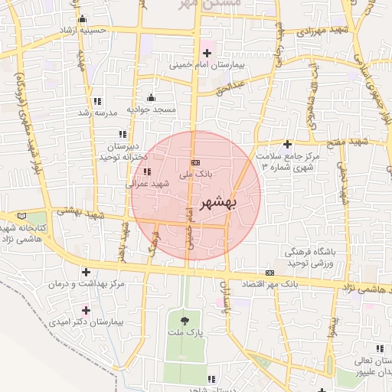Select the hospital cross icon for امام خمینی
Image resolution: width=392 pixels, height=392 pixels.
click(207, 52)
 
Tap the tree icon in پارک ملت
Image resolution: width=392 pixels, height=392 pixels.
click(184, 320)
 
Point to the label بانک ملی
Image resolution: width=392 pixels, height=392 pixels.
click(194, 175)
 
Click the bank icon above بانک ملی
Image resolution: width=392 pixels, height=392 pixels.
click(196, 162)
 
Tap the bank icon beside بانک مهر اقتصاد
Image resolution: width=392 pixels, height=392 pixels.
click(269, 272)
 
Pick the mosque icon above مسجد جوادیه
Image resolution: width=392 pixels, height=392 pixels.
click(151, 97)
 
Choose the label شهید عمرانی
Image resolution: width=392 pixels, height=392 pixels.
click(142, 184)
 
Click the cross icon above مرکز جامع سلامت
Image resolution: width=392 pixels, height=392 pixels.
click(287, 144)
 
